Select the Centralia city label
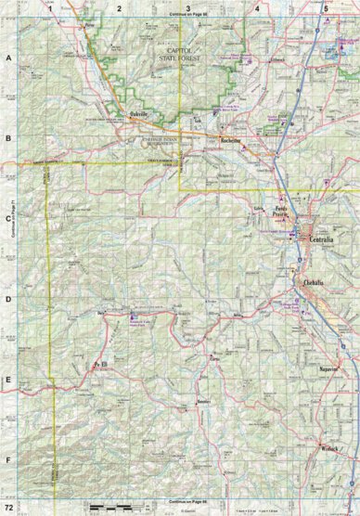point(315,239)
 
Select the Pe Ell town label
point(95,365)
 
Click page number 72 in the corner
point(8,509)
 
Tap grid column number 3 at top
point(187,7)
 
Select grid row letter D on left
point(8,300)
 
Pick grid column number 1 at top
point(49,7)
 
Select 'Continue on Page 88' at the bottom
point(185,501)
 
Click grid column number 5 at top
point(326,7)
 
